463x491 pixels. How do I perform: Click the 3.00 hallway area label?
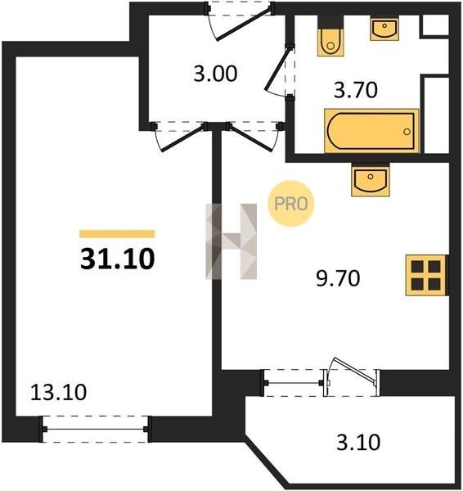pos(215,74)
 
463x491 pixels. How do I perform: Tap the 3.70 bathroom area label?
pos(356,90)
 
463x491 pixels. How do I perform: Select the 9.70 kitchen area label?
pos(338,278)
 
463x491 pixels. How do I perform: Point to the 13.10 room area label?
pos(59,392)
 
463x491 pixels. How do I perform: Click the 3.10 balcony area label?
pos(358,443)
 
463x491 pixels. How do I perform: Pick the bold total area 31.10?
pos(118,259)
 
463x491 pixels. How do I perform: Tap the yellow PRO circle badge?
pos(291,204)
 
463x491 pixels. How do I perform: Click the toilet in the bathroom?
pos(330,36)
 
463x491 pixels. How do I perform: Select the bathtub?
pos(372,131)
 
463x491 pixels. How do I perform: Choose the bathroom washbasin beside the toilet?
pos(384,29)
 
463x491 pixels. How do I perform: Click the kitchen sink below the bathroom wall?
pos(371,179)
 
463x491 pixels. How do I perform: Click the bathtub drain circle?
pos(407,132)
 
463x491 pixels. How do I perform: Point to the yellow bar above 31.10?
pos(117,234)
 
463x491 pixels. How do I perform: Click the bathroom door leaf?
pos(277,69)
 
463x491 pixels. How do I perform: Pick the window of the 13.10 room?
pos(95,429)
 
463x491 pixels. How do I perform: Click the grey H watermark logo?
pos(231,241)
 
